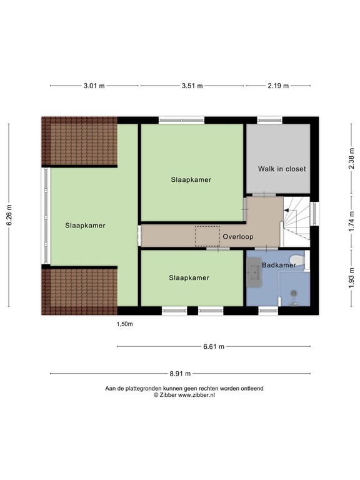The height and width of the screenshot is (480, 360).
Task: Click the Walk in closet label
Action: click(282, 169)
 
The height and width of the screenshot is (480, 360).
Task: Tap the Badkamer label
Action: click(279, 265)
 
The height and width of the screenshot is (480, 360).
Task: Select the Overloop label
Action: click(238, 237)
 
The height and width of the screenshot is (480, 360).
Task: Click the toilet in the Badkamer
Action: click(297, 260)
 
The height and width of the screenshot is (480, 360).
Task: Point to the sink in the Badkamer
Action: click(254, 272)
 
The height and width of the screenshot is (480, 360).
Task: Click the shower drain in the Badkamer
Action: click(294, 293)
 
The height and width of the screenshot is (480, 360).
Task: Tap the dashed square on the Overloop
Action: click(207, 236)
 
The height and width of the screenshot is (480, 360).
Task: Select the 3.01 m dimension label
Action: click(94, 86)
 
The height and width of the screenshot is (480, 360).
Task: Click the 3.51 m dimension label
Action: click(192, 86)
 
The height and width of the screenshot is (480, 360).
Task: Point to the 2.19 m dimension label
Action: click(278, 86)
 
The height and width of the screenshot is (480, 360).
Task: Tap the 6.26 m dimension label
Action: click(9, 215)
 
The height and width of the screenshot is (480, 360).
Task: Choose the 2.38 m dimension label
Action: click(351, 158)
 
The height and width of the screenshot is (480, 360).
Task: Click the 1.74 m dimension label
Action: click(351, 222)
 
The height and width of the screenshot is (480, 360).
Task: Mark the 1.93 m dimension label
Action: click(351, 278)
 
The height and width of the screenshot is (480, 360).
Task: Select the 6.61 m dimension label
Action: click(214, 346)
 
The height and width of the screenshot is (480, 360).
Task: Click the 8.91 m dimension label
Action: click(180, 374)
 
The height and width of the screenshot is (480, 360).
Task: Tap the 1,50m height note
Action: click(124, 324)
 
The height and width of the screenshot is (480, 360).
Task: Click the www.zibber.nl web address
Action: click(196, 395)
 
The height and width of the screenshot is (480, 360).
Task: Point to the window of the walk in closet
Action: click(269, 120)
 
